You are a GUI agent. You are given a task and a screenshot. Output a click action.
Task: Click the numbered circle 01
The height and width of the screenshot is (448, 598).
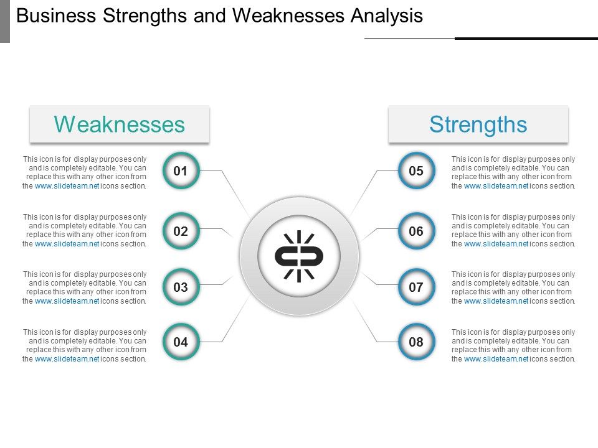tap(181, 170)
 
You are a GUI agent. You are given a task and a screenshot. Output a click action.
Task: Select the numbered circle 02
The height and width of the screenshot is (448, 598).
tap(181, 231)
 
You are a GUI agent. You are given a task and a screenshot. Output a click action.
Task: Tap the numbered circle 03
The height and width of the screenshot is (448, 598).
tap(181, 287)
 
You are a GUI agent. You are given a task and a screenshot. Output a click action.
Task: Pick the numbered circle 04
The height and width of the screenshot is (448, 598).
tap(181, 342)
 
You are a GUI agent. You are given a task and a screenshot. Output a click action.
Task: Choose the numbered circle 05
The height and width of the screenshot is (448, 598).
tap(416, 170)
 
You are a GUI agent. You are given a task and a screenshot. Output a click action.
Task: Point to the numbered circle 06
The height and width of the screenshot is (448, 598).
tap(416, 231)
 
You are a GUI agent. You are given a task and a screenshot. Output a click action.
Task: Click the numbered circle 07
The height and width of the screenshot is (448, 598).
tap(416, 287)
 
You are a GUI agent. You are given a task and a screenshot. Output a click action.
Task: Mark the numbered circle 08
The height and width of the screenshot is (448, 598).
tap(416, 342)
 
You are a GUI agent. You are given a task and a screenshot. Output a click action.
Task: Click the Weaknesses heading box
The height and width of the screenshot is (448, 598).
tap(120, 124)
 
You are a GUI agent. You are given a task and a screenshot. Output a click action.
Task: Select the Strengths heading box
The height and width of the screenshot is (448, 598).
tap(478, 124)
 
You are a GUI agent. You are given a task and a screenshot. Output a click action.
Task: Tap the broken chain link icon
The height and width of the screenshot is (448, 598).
tap(299, 256)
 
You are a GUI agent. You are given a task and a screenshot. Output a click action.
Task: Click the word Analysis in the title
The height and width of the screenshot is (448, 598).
tap(387, 16)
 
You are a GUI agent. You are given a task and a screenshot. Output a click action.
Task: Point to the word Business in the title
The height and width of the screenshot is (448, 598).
tap(52, 16)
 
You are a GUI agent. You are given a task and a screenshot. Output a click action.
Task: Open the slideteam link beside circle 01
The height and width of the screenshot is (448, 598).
tap(67, 186)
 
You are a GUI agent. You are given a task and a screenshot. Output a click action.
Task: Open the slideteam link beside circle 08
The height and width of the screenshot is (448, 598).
tap(496, 359)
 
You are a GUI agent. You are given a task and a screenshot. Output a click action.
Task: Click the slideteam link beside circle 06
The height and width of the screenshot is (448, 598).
tap(496, 244)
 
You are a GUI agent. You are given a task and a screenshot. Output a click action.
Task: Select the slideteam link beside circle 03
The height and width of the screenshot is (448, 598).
tap(67, 301)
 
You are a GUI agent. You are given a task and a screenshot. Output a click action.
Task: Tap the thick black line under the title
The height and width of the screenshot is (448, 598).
tap(526, 39)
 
